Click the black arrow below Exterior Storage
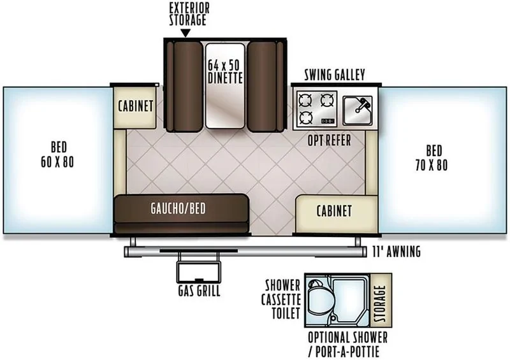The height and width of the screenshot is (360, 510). pos(186,33)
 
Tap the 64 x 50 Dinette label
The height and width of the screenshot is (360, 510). pos(225,71)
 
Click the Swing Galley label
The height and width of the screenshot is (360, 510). pos(334,75)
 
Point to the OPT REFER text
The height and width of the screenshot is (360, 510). pos(329,140)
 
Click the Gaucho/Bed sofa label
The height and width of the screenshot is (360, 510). pos(178,208)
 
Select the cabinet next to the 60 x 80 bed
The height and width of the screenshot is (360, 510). pos(135,106)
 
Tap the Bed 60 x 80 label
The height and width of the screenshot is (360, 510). pos(57,154)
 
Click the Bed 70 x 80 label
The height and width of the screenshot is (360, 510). pos(432,158)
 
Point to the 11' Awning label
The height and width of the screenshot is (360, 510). pos(396,252)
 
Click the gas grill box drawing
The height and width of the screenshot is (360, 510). pos(199,271)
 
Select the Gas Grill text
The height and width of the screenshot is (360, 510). pos(199,291)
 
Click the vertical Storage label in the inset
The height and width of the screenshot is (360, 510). pos(380,303)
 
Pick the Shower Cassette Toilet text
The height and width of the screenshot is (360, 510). pos(281,299)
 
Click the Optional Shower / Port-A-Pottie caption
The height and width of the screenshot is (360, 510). pos(347,345)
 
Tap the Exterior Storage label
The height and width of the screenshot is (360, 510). pos(189,14)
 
